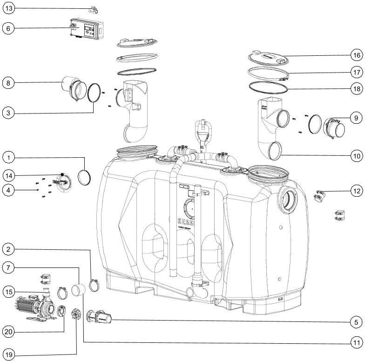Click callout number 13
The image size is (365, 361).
click(x=8, y=8)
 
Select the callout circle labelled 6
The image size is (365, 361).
click(x=8, y=28)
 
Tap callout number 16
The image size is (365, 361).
click(x=356, y=54)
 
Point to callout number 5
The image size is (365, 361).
click(x=356, y=321)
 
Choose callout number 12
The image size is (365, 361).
click(x=356, y=191)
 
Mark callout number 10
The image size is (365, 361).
click(x=356, y=156)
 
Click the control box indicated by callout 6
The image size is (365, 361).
click(x=86, y=28)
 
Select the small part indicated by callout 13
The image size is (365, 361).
click(x=96, y=9)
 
